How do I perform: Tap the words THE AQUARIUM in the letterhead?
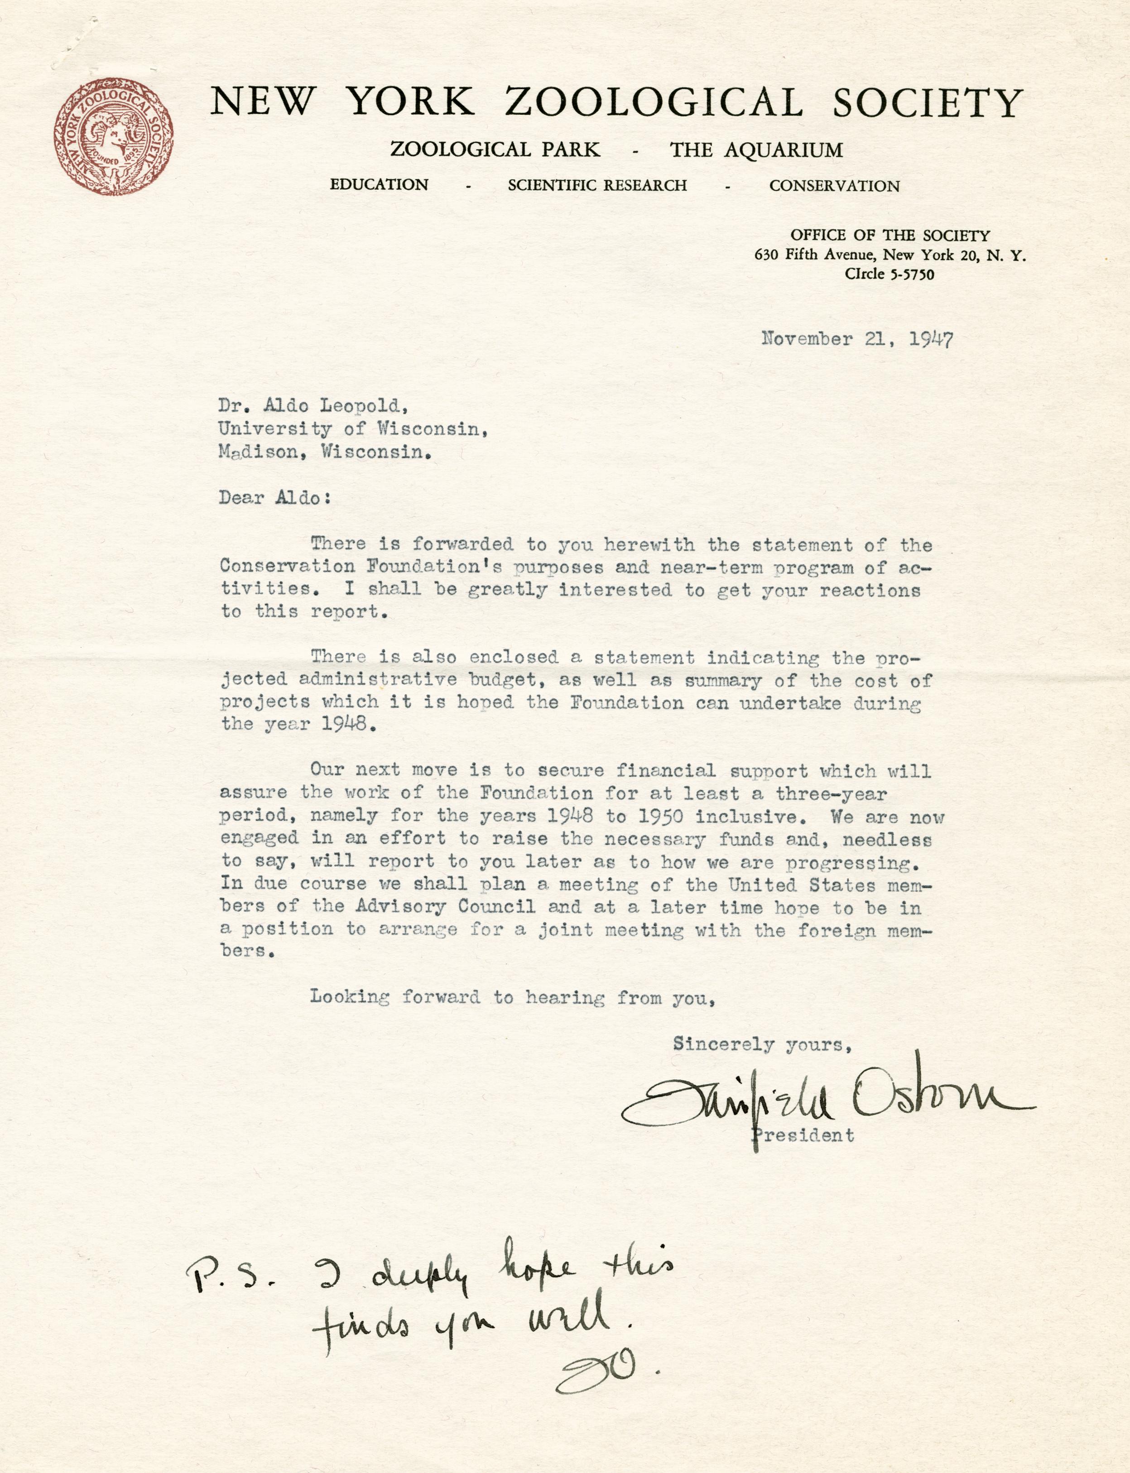click(x=755, y=149)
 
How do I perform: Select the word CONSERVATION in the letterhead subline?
click(x=834, y=186)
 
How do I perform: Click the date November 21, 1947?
click(x=857, y=339)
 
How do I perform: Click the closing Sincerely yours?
click(x=763, y=1044)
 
